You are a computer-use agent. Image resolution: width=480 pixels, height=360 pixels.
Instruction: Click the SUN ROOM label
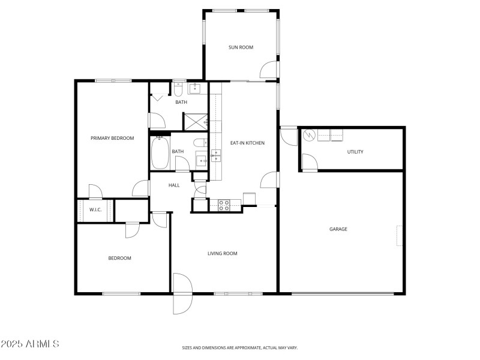pos(240,47)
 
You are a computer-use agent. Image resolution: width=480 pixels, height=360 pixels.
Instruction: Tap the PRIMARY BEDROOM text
pos(112,138)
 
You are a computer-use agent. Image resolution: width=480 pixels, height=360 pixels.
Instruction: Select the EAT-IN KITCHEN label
pos(247,143)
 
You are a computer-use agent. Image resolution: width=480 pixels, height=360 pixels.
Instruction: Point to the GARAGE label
pos(338,229)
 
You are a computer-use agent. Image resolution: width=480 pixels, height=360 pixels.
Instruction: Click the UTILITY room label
pos(355,152)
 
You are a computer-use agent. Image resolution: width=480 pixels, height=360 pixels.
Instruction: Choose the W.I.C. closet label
pos(95,210)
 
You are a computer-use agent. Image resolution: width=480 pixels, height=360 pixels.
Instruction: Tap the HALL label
pos(174,185)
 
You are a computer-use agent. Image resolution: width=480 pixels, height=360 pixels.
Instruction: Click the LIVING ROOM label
pos(223,254)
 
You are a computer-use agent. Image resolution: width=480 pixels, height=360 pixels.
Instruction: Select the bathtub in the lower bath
pos(160,154)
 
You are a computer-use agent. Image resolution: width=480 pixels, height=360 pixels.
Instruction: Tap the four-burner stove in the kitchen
pos(223,205)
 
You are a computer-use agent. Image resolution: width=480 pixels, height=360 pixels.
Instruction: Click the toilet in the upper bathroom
pos(178,90)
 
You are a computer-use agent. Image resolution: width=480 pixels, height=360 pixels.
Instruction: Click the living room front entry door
pos(181,293)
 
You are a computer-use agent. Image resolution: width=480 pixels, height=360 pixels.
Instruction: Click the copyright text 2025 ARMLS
pos(30,344)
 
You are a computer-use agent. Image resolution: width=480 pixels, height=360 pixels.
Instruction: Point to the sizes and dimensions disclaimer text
pos(240,347)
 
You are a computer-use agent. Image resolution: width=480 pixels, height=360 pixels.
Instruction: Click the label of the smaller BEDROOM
pos(119,259)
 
